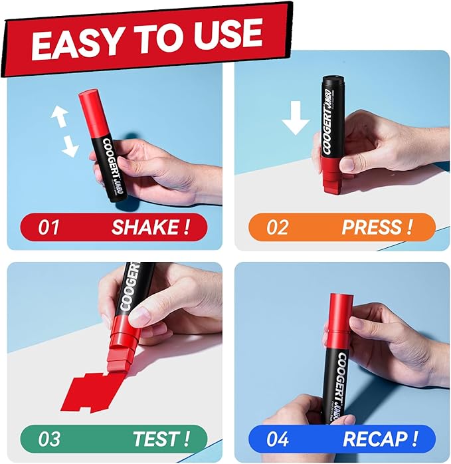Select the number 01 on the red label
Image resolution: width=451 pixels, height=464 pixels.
pos(48,227)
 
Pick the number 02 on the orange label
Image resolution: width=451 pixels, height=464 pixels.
pos(277,227)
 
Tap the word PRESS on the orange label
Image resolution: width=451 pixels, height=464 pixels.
pos(371,227)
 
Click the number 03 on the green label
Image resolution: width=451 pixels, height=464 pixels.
pos(49,439)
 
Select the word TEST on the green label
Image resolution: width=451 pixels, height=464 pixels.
pos(156,439)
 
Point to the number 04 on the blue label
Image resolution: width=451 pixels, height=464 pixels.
pos(278,439)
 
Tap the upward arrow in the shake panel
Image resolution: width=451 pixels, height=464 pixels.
pos(60,116)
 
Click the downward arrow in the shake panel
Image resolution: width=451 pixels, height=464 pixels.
pos(70,146)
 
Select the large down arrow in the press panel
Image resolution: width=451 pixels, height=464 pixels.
pos(296,118)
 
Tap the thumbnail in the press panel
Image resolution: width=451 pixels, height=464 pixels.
pos(348,164)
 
